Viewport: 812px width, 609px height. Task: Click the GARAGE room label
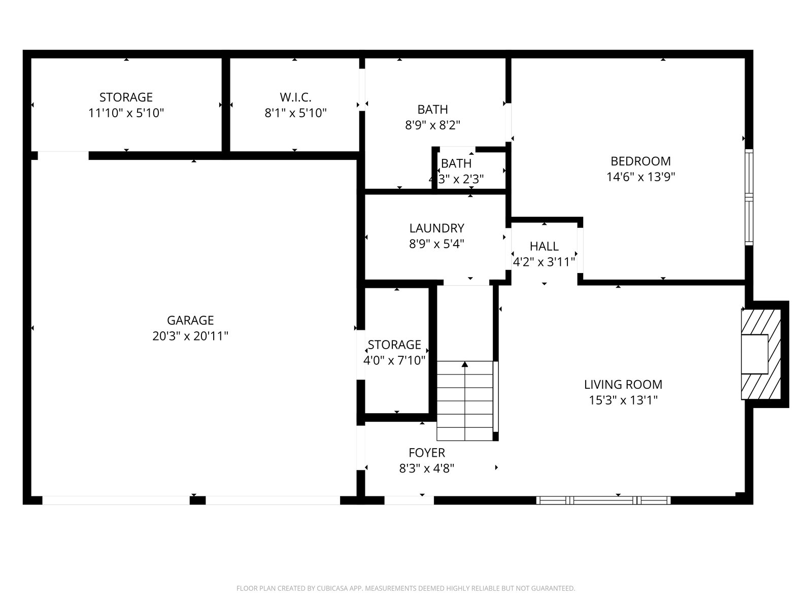point(190,320)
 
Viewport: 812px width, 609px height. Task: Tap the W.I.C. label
point(295,97)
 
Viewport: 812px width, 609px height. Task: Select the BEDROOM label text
point(640,161)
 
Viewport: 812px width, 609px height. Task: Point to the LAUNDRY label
point(436,228)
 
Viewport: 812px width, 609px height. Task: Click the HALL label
point(544,246)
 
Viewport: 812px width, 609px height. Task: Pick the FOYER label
point(426,453)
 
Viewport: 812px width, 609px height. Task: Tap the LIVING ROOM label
point(623,385)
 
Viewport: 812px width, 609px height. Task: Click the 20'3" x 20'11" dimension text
point(190,336)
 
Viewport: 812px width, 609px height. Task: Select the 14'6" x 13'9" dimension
point(640,177)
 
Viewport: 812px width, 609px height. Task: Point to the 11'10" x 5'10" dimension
point(126,113)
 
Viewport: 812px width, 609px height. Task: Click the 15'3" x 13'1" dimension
point(623,400)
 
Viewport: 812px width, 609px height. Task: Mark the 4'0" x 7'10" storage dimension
point(394,360)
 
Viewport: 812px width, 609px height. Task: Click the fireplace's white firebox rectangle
point(755,354)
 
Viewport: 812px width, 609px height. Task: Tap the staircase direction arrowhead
point(465,364)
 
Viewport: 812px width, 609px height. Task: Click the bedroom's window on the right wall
point(749,197)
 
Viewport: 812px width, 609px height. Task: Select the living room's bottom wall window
point(603,501)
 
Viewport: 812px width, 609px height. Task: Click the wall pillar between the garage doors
point(197,501)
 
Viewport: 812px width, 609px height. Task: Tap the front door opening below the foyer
point(409,501)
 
